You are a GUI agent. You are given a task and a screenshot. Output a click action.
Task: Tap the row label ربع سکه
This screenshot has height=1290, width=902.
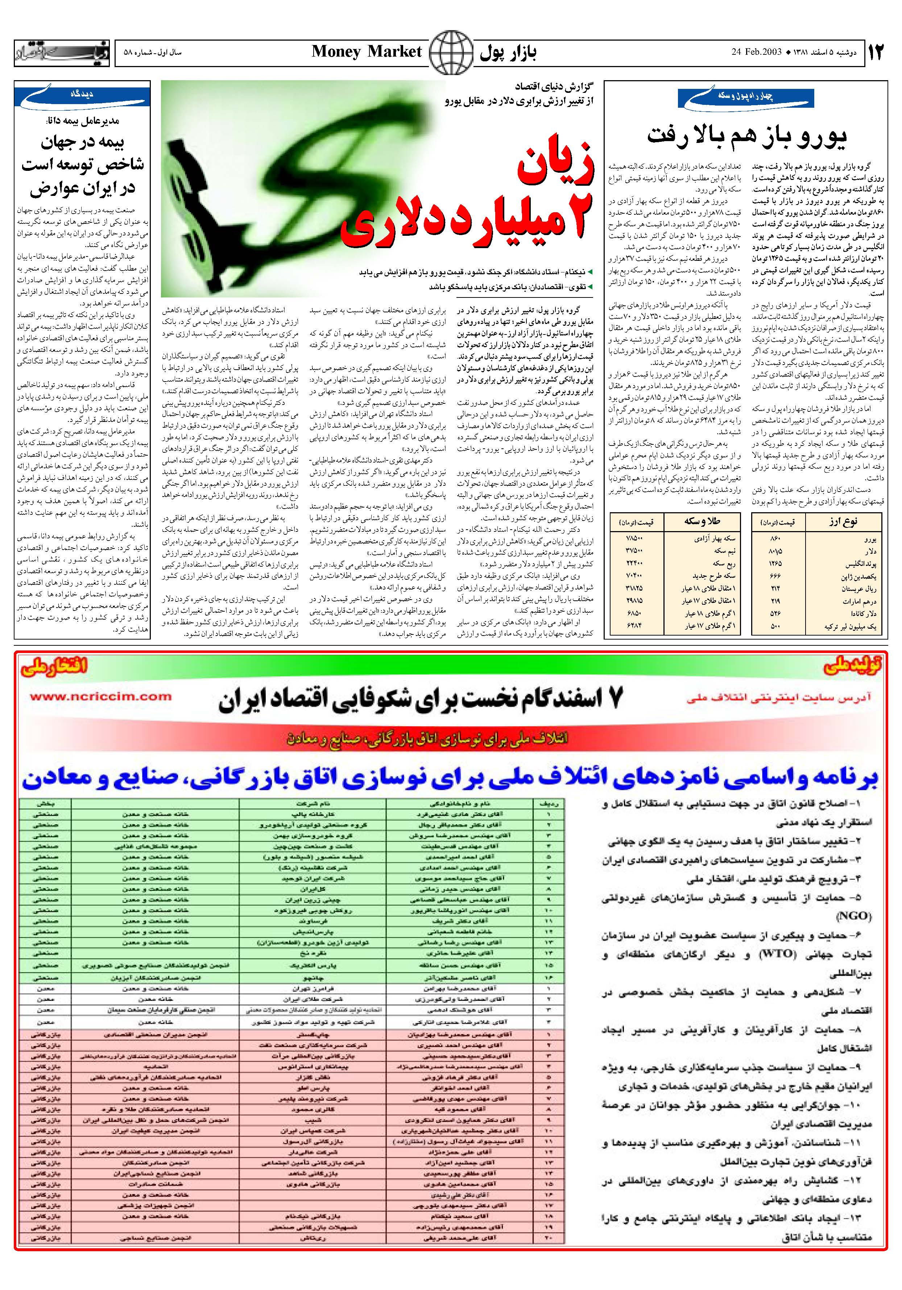(x=723, y=563)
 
